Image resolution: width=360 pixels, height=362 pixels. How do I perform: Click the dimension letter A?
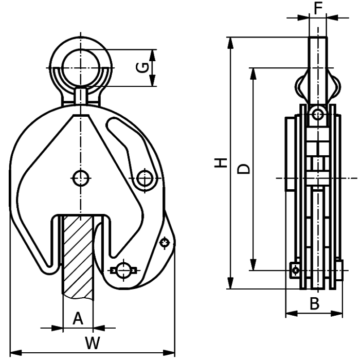tap(77, 319)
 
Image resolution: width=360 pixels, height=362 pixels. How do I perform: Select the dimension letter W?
tap(92, 343)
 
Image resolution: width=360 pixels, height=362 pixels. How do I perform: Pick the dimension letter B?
tap(314, 304)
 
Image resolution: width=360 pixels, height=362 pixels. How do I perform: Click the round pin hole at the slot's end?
tap(145, 178)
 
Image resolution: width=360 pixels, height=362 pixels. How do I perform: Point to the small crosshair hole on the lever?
tap(165, 242)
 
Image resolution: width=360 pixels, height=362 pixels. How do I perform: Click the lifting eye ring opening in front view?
tap(80, 67)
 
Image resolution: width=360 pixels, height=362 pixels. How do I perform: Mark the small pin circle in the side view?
tap(318, 115)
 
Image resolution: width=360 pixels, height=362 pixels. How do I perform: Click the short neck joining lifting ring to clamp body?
tap(80, 96)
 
